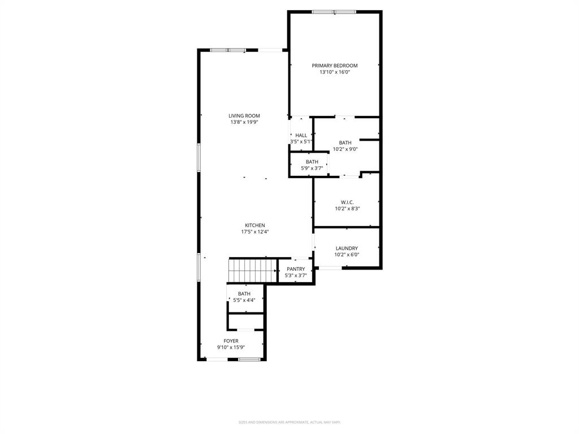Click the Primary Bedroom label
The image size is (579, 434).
point(335,66)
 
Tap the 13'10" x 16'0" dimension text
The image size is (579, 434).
point(335,72)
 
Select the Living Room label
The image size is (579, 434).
point(244,116)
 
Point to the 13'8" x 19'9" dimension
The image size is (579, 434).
point(244,123)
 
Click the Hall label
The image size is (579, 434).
point(301,135)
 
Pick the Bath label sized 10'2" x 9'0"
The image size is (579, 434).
point(345,142)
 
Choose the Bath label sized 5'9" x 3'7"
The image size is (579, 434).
point(312,162)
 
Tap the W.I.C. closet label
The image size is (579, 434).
point(347,202)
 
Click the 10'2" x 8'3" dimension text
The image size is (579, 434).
point(347,209)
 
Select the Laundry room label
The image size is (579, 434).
point(347,248)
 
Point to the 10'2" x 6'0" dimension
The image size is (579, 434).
point(347,255)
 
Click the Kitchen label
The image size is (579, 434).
point(254,225)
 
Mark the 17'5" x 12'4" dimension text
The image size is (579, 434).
point(254,232)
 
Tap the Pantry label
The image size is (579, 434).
point(296,269)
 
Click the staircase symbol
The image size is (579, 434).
point(252,270)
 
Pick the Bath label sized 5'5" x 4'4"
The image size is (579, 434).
point(244,293)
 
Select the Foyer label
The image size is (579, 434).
point(231,341)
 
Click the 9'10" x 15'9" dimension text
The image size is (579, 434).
point(231,348)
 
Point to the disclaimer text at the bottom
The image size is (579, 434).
point(289,422)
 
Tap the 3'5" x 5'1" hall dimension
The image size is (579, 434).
point(301,142)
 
